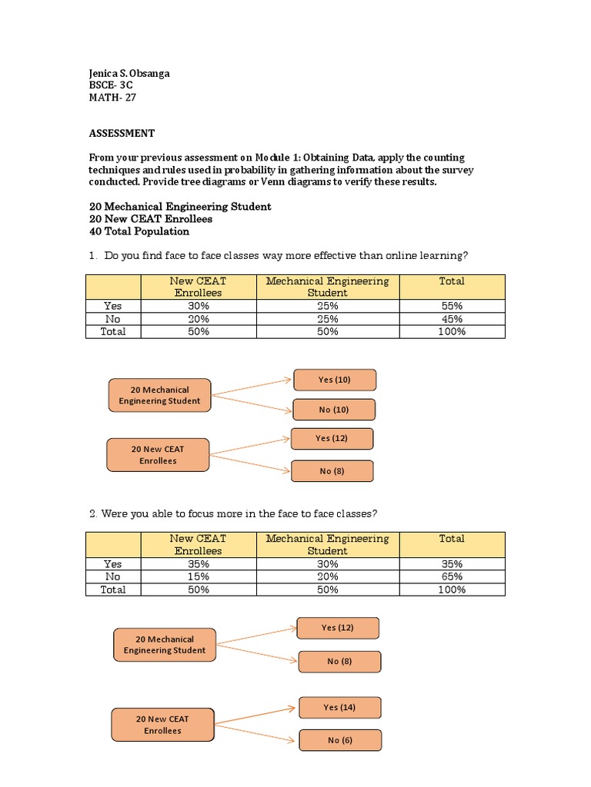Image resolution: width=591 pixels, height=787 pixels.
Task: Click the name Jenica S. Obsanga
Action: tap(129, 74)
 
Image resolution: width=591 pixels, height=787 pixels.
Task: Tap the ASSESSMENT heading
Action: tap(122, 133)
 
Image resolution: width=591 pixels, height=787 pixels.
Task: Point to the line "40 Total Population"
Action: tap(139, 231)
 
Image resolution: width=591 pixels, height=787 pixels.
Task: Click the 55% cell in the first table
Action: tap(452, 306)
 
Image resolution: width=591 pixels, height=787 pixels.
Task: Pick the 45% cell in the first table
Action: tap(452, 319)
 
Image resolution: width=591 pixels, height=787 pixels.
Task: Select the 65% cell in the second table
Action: tap(452, 576)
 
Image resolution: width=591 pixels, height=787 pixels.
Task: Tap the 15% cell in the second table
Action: tap(198, 576)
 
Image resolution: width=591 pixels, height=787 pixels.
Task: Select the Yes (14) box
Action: tap(339, 707)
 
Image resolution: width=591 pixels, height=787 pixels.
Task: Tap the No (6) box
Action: tap(339, 740)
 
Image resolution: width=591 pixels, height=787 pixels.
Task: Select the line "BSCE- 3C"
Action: tap(112, 86)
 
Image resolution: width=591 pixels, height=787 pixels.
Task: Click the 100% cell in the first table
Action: tap(452, 332)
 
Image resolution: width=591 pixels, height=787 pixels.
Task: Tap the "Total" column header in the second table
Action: tap(452, 539)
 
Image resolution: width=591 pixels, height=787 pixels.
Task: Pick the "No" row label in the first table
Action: tap(113, 319)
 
